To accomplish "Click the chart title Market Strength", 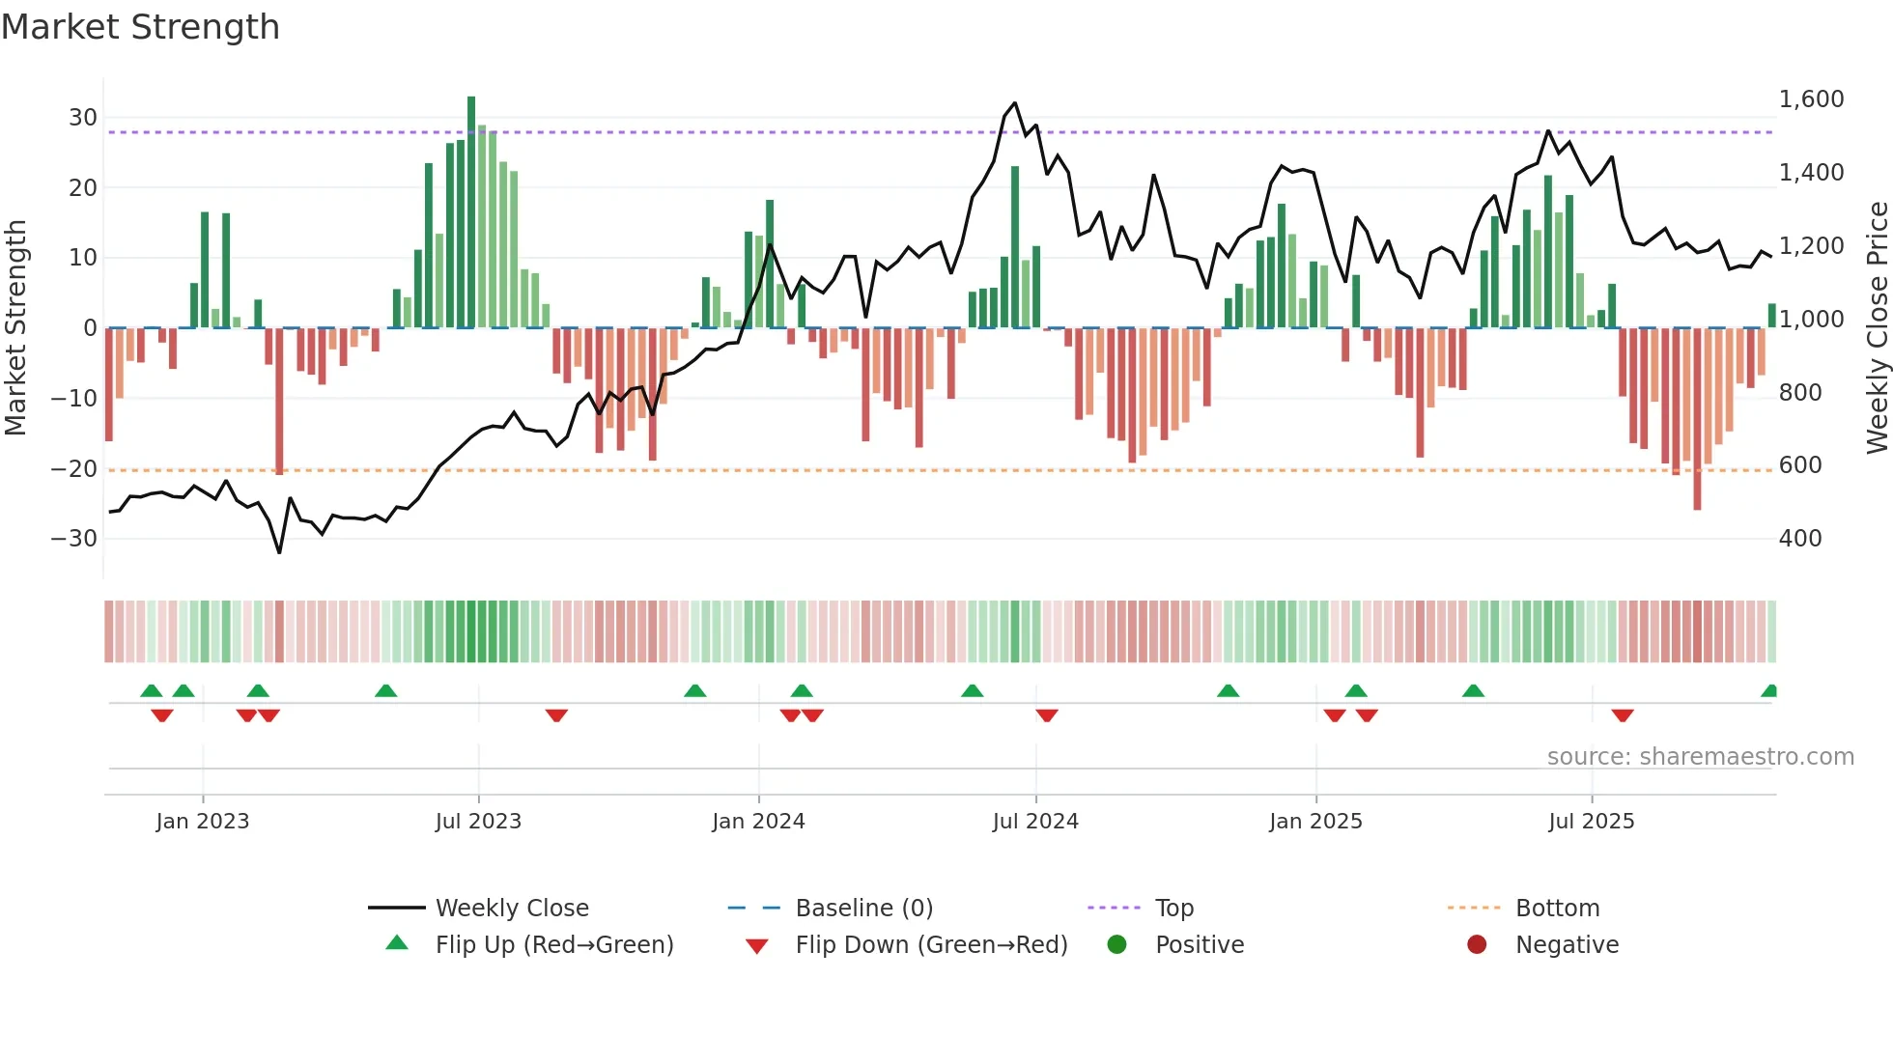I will [x=140, y=27].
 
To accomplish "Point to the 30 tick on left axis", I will [x=83, y=118].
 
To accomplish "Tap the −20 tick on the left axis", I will [x=74, y=469].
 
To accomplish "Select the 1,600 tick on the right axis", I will [x=1811, y=99].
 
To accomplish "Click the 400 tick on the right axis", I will [x=1800, y=539].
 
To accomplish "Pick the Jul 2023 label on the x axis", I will [x=478, y=822].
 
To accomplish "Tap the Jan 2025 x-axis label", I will [x=1315, y=822].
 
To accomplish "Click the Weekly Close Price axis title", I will [x=1877, y=327].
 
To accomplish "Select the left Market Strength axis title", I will [x=15, y=327].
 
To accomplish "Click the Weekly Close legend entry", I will [x=511, y=909].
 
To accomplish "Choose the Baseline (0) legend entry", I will [x=863, y=909].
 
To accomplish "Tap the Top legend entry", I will [x=1173, y=909].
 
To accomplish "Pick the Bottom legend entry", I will [x=1557, y=909].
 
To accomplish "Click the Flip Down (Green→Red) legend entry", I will [x=930, y=945].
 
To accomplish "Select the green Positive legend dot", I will [x=1116, y=945].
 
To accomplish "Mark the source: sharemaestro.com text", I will [x=1700, y=757].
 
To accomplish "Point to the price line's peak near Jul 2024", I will [x=1015, y=103].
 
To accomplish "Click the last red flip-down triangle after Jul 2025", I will [x=1623, y=715].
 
